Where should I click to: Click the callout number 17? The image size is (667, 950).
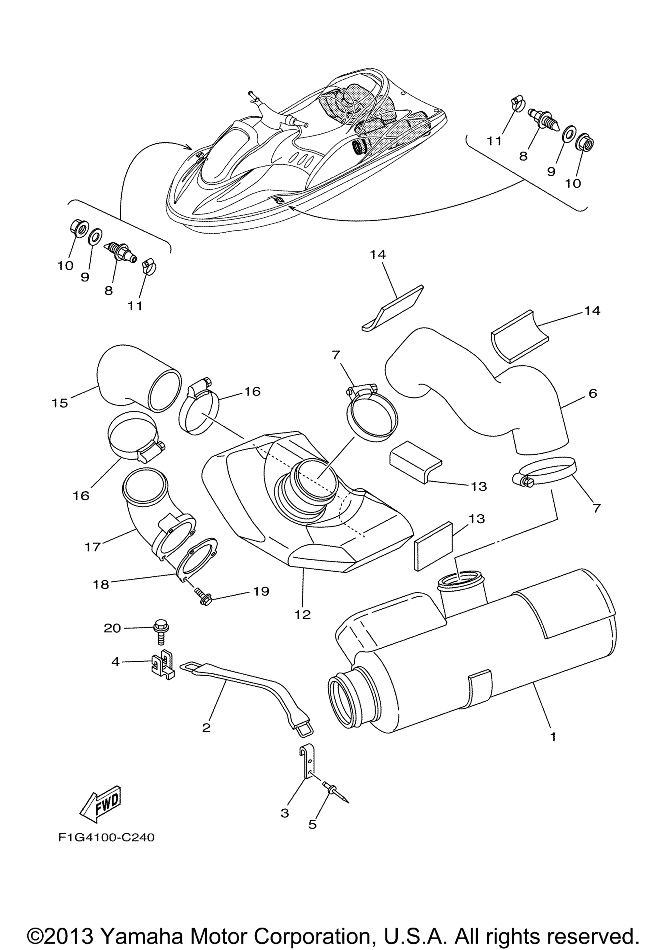click(92, 547)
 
